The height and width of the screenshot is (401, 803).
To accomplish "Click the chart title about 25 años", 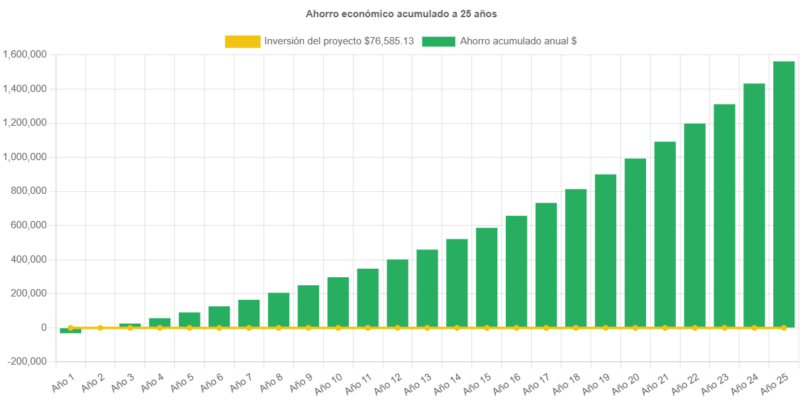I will (x=401, y=13).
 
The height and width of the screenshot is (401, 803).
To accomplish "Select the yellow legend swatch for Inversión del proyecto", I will (x=242, y=41).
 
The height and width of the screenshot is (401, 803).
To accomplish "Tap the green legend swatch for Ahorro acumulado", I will (x=438, y=41).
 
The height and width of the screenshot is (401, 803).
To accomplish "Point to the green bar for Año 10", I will (x=338, y=301).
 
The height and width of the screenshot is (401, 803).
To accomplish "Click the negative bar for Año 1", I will (x=70, y=331).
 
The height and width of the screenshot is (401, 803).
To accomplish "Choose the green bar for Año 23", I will (x=724, y=215).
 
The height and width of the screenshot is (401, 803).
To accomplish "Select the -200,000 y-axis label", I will (x=26, y=361).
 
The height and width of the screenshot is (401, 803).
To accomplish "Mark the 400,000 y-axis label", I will (x=28, y=259).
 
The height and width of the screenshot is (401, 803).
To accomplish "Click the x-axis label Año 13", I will (x=417, y=382).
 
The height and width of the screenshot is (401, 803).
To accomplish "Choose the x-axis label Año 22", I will (x=685, y=382).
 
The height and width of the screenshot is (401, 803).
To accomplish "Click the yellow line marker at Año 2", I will (x=100, y=328).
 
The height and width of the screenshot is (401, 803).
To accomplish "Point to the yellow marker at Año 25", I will (x=784, y=328).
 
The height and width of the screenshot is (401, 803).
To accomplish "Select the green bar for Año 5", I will (x=189, y=319).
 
